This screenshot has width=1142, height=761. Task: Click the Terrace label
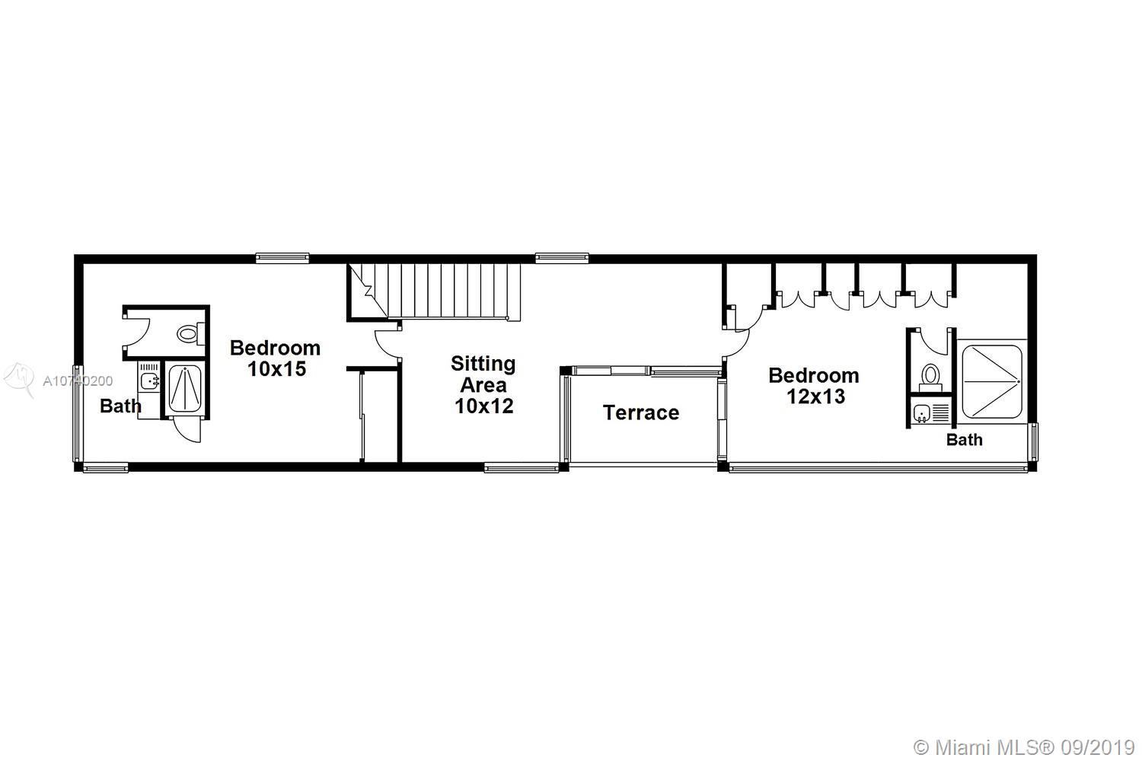(641, 412)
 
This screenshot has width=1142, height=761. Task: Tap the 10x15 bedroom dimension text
(276, 368)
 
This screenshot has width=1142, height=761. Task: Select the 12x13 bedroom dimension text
(815, 396)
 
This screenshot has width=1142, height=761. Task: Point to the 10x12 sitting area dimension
(483, 406)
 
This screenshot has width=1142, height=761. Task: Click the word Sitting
(483, 364)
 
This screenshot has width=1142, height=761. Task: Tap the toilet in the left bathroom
(190, 334)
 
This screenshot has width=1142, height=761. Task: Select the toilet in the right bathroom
(930, 377)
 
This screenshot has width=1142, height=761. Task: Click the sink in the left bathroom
(148, 379)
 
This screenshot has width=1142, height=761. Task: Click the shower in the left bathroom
(184, 388)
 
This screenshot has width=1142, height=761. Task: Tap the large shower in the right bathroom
(992, 382)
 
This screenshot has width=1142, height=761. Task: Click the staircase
(434, 292)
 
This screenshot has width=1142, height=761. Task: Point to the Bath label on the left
(120, 406)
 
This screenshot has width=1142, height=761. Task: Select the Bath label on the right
(964, 439)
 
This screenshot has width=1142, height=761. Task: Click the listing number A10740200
(78, 380)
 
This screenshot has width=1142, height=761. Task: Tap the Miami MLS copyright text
(1024, 748)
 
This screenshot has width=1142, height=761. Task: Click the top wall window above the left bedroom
(282, 258)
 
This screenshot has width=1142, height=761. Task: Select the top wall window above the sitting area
(562, 258)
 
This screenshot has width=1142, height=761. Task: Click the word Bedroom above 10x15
(276, 348)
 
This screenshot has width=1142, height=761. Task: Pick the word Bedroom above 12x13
(814, 376)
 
